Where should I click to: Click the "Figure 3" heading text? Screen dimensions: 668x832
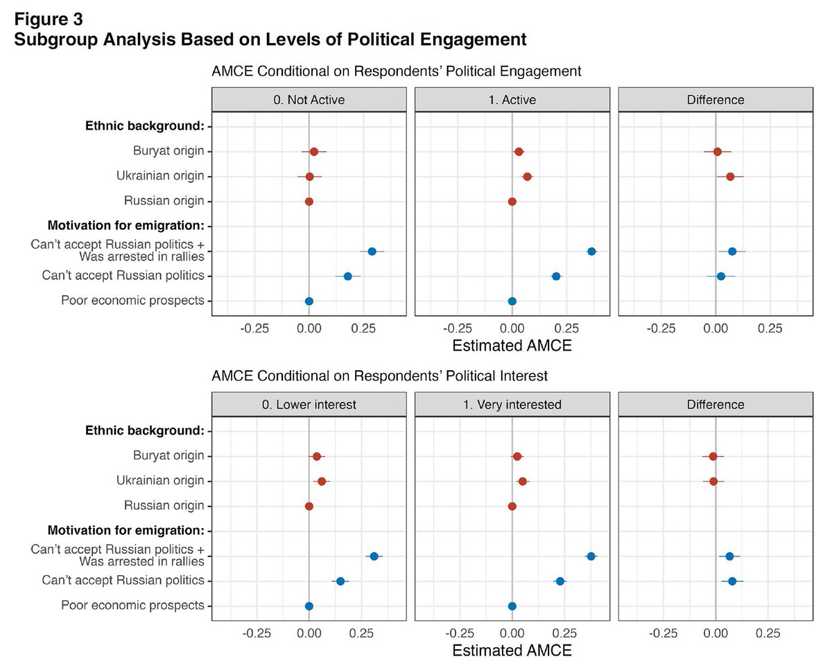49,17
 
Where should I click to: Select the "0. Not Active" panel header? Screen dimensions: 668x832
309,99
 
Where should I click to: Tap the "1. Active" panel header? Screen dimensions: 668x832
512,99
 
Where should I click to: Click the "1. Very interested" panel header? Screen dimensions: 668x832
512,404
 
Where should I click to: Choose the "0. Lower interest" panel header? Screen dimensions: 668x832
309,404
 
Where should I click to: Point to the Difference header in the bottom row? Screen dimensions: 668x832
716,404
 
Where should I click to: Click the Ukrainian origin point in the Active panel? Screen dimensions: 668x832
527,177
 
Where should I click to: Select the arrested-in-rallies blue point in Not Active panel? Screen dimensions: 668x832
372,251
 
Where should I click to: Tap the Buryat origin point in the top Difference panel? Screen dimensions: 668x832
718,152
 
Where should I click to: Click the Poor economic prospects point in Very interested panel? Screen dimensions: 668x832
512,606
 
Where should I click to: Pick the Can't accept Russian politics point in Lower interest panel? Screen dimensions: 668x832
340,581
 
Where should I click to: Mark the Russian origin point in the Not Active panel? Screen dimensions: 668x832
309,202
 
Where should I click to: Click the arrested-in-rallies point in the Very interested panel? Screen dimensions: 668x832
591,556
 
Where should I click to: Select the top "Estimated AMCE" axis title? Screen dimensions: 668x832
512,346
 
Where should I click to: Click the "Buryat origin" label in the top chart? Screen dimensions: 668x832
168,151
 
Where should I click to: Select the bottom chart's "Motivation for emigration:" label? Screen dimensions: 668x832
125,531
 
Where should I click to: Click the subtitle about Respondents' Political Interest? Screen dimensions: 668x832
379,376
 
